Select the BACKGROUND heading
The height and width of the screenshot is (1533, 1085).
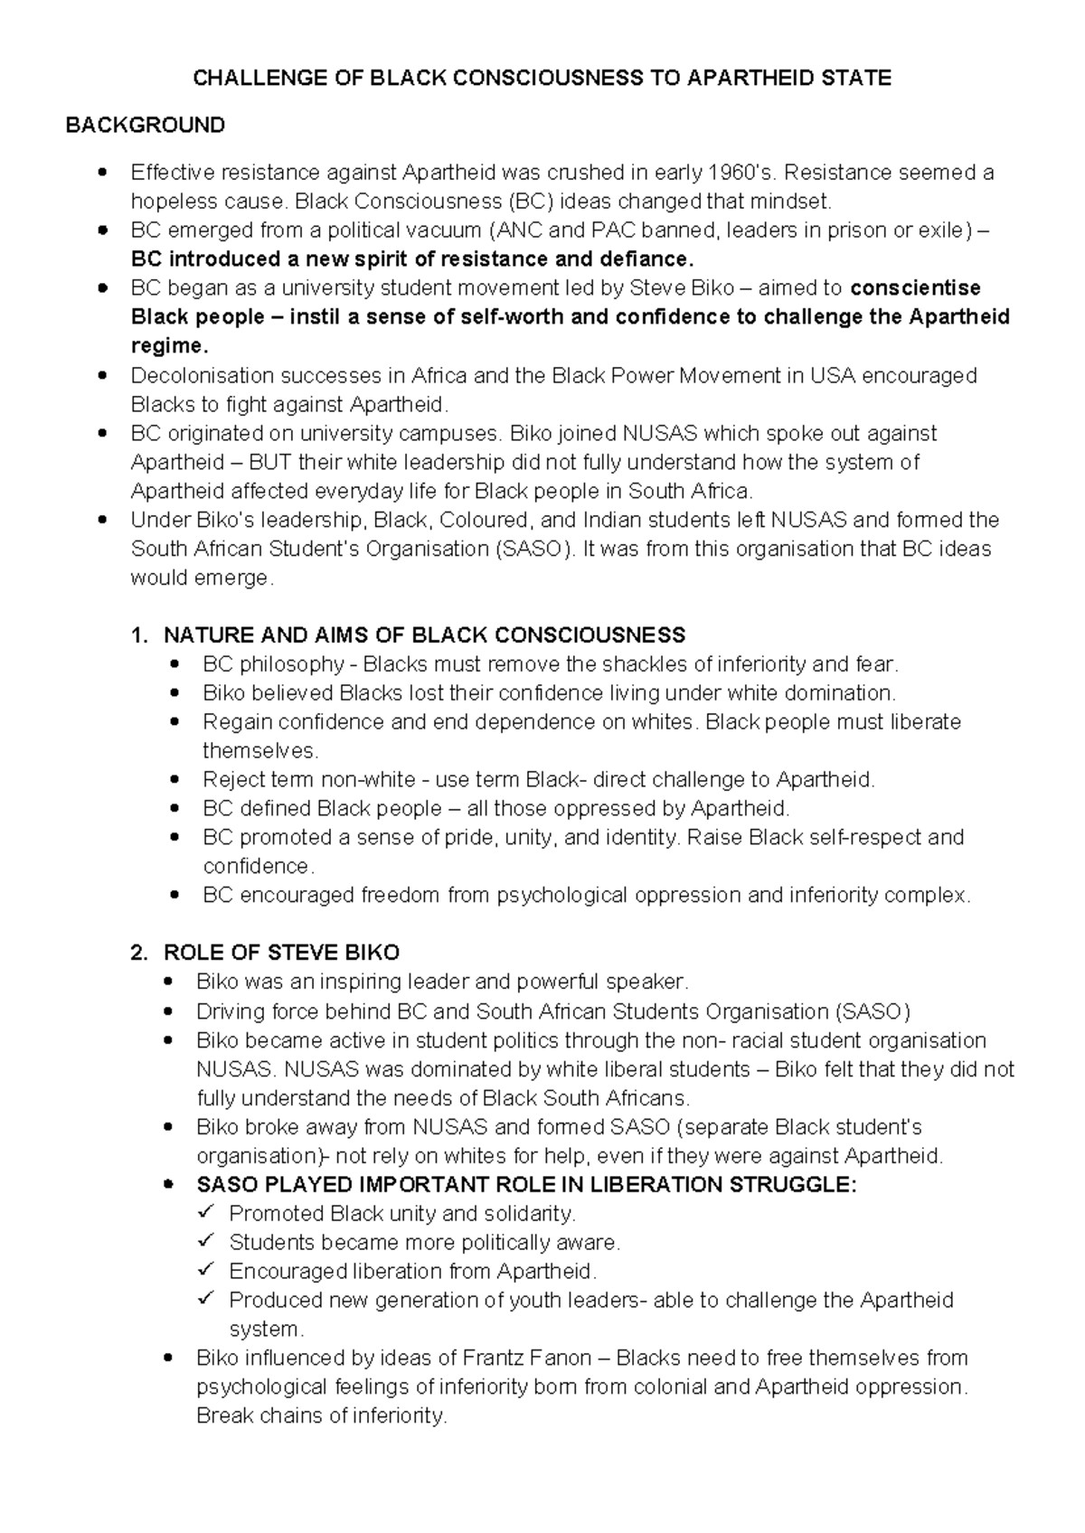146,125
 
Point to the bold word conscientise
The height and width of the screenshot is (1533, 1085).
916,288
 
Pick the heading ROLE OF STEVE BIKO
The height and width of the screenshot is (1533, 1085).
281,953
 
